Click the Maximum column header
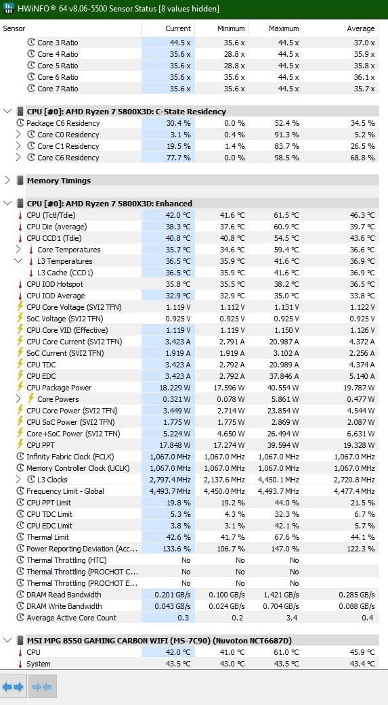point(284,28)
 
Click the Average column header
point(360,28)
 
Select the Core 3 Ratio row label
point(58,43)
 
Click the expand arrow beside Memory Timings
point(7,180)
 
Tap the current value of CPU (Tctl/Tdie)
point(178,215)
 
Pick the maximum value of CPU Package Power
point(281,388)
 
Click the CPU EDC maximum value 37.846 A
point(281,376)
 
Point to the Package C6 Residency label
point(63,123)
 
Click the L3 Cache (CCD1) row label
point(65,273)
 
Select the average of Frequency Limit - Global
point(353,491)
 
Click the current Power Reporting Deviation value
point(178,549)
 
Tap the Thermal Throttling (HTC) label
point(66,560)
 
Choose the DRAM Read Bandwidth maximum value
point(280,595)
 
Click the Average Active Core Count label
point(72,618)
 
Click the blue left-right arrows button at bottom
point(13,687)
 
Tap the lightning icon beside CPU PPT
point(20,445)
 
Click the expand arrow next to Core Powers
point(18,399)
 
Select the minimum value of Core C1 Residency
point(235,146)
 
